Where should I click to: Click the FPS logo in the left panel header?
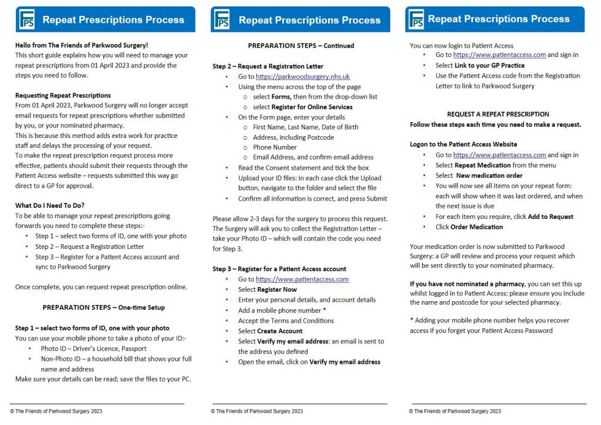(26, 19)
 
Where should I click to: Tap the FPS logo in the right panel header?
(416, 19)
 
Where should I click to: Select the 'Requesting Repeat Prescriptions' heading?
(63, 95)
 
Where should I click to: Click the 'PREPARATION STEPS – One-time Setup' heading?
(104, 307)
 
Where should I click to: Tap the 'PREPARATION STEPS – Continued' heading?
(301, 45)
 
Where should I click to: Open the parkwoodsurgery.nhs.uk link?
(302, 76)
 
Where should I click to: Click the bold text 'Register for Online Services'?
(312, 107)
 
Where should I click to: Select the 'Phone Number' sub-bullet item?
(275, 147)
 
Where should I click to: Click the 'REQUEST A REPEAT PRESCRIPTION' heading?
(498, 114)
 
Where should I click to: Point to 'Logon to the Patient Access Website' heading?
(464, 144)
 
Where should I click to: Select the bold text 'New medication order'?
(489, 176)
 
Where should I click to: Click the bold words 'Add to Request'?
(551, 217)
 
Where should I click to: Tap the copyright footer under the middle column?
(257, 411)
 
